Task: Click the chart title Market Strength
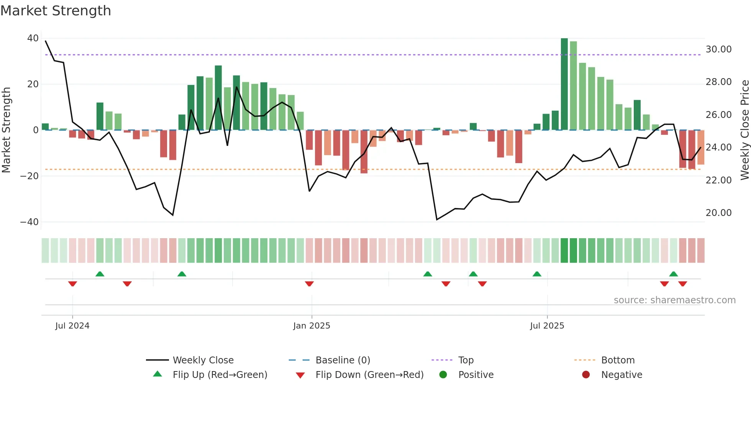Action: click(56, 11)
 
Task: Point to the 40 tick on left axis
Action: click(33, 38)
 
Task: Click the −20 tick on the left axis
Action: click(30, 176)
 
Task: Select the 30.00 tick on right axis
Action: click(718, 49)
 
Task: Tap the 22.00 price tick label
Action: click(718, 180)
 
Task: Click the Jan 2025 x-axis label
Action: click(312, 326)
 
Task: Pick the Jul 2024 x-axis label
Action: click(72, 326)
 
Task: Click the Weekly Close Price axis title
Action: click(744, 130)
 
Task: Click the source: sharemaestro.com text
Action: click(674, 300)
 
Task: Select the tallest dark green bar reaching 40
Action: click(564, 84)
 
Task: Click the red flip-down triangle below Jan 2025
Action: click(309, 284)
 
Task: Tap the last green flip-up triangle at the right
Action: click(673, 274)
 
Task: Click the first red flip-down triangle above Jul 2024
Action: click(72, 284)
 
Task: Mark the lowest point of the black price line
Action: click(436, 219)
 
